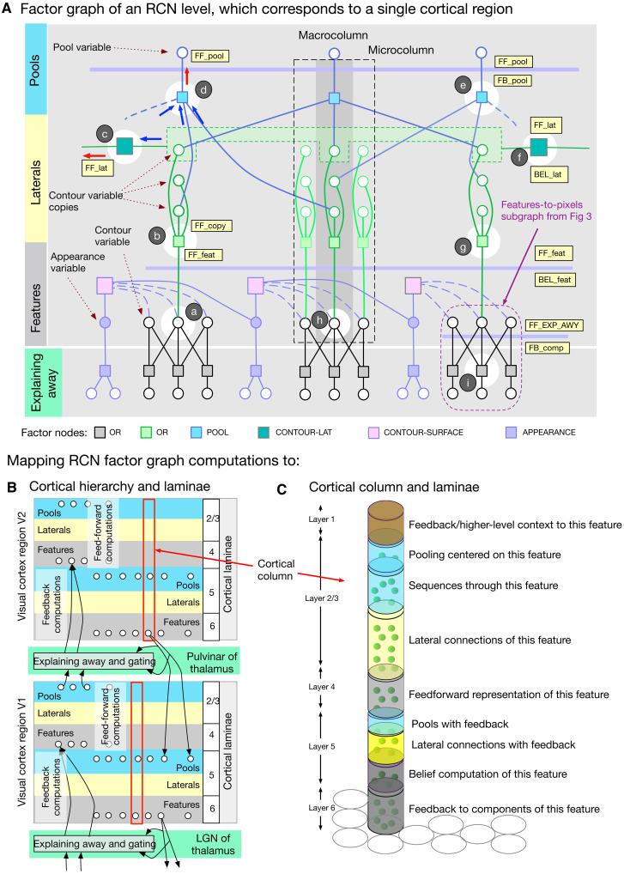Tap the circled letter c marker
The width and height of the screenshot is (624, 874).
[106, 135]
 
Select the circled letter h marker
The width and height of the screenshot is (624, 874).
[319, 320]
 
